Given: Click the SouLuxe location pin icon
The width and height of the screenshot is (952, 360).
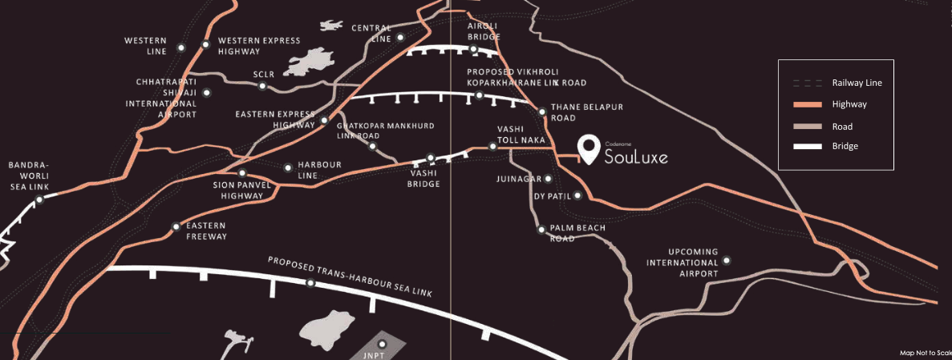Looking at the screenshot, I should point(590,148).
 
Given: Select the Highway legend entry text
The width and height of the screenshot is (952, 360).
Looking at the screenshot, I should point(849,104).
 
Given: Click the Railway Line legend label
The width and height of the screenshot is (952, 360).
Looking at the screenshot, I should point(857,83).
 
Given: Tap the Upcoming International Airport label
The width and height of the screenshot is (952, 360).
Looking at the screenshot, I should point(683,263).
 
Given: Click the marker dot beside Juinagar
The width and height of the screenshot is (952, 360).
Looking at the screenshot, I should point(549,179).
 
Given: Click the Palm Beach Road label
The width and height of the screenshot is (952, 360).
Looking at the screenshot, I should point(577,233).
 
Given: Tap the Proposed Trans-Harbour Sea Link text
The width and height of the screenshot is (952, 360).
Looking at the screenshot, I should point(350,277).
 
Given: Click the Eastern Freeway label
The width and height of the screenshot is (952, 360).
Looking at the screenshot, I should point(206,231).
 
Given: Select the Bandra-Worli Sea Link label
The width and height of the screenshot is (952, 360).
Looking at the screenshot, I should point(29,176).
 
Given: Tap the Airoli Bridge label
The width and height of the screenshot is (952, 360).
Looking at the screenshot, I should point(484,31).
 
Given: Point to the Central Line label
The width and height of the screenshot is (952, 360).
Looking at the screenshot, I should point(371,33).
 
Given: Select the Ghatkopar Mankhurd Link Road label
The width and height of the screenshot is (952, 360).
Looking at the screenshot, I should point(374,131).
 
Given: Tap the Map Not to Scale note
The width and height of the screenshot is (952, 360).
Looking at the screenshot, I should point(925,353).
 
